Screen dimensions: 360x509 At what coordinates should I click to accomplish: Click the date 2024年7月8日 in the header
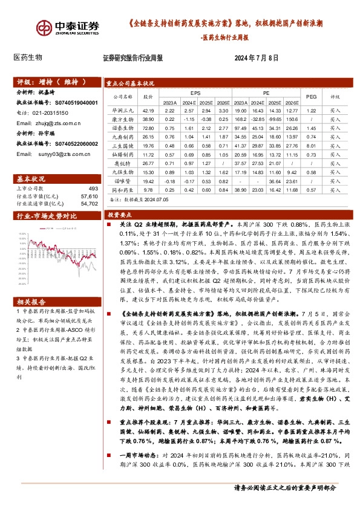[x=256, y=59]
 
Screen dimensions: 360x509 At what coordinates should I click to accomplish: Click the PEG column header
[x=311, y=96]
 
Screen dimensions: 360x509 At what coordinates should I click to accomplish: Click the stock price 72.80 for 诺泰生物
[x=148, y=128]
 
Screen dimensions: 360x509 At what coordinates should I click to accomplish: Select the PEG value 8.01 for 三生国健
[x=311, y=145]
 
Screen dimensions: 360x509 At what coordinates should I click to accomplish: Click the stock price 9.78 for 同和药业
[x=148, y=189]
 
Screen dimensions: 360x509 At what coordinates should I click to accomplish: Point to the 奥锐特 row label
[x=122, y=163]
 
